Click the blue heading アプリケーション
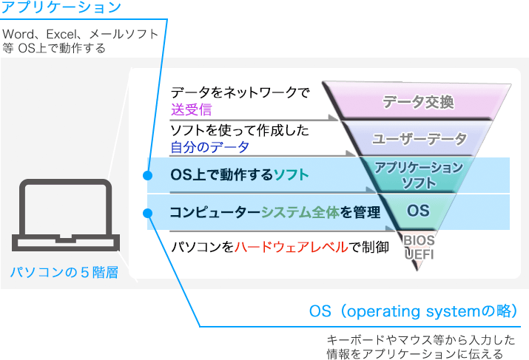pyautogui.click(x=61, y=7)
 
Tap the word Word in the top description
pyautogui.click(x=18, y=34)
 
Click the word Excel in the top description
pyautogui.click(x=61, y=34)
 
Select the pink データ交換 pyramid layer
pyautogui.click(x=417, y=101)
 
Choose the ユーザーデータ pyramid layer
pyautogui.click(x=418, y=138)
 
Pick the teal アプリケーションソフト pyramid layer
pyautogui.click(x=418, y=174)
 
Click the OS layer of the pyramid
pyautogui.click(x=418, y=211)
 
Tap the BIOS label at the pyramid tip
pyautogui.click(x=419, y=240)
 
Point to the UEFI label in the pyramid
pyautogui.click(x=419, y=254)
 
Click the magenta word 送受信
pyautogui.click(x=192, y=109)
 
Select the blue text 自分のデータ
pyautogui.click(x=210, y=147)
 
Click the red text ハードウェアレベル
pyautogui.click(x=291, y=247)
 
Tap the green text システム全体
pyautogui.click(x=300, y=212)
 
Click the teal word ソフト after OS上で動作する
pyautogui.click(x=292, y=174)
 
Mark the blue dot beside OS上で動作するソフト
pyautogui.click(x=147, y=175)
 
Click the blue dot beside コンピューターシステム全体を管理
pyautogui.click(x=147, y=213)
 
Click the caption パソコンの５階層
pyautogui.click(x=64, y=272)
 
